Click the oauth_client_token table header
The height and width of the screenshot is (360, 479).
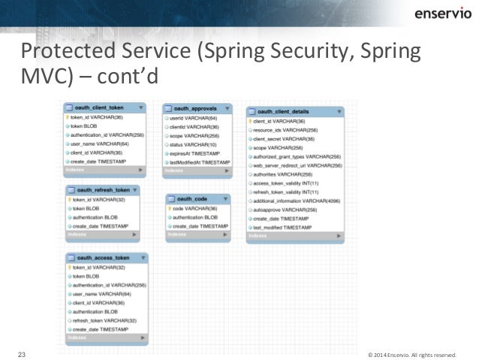click(100, 107)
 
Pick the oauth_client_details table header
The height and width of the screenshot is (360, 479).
click(288, 110)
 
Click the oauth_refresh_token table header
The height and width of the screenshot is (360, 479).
click(103, 190)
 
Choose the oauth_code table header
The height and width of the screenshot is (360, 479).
click(191, 198)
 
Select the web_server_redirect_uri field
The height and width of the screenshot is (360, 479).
click(297, 165)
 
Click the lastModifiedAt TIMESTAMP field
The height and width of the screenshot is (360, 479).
click(200, 162)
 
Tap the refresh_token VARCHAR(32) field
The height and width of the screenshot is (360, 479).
click(104, 320)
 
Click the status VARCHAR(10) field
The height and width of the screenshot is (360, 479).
click(193, 144)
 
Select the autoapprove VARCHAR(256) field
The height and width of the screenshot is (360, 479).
click(285, 210)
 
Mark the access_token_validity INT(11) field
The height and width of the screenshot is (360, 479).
click(286, 183)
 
